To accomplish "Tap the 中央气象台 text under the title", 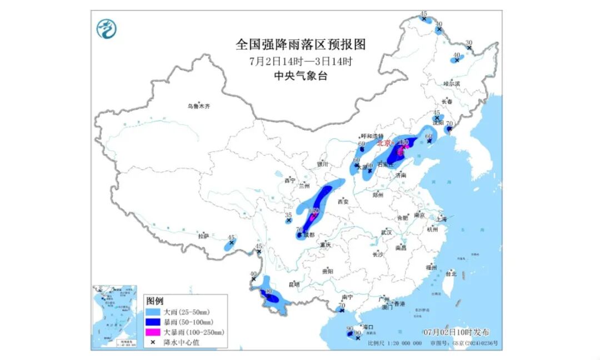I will (x=301, y=77).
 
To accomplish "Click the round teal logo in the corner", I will (x=106, y=29).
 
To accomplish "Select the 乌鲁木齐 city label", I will (x=199, y=106).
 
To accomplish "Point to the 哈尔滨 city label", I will (x=452, y=83).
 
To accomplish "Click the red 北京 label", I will (x=384, y=143).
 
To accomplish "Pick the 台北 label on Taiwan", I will (x=451, y=273).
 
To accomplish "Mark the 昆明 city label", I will (x=293, y=284).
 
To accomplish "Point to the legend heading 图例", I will (x=155, y=301).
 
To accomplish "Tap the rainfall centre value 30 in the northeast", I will (x=469, y=43).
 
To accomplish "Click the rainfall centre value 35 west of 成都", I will (x=288, y=215).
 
